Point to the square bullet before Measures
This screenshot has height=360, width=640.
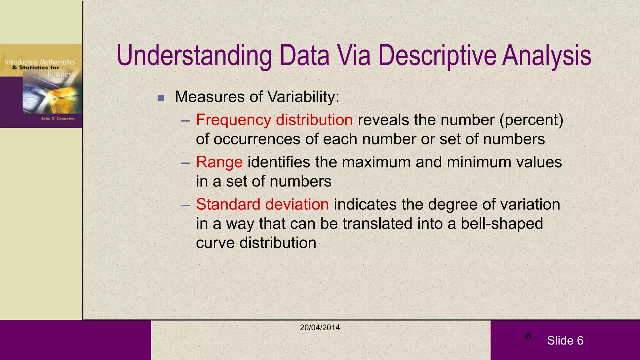pyautogui.click(x=161, y=98)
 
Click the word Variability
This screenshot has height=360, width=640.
pyautogui.click(x=303, y=97)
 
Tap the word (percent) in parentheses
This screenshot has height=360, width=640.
pyautogui.click(x=531, y=120)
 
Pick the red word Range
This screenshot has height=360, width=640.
pyautogui.click(x=219, y=162)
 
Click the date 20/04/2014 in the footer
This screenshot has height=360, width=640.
pyautogui.click(x=320, y=327)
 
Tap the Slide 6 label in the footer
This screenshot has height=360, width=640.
pyautogui.click(x=565, y=341)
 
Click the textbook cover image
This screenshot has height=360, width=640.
pyautogui.click(x=41, y=86)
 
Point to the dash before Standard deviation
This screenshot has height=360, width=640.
pyautogui.click(x=185, y=205)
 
